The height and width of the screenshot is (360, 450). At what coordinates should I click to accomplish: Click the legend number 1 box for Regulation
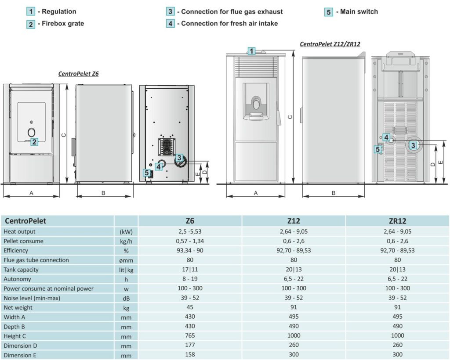31,12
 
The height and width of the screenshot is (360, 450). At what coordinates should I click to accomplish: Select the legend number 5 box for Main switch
329,12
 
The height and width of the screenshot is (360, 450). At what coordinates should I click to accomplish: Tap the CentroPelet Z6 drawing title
78,74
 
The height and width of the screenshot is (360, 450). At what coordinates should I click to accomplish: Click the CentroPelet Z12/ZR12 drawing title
330,44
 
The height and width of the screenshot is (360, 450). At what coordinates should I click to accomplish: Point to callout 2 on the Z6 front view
34,141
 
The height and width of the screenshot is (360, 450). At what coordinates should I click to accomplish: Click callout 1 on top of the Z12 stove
251,51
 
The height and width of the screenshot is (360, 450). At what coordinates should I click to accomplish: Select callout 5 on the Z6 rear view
147,173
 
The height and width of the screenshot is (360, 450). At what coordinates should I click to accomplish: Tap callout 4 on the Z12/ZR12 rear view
386,137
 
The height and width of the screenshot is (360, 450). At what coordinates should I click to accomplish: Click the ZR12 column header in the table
397,221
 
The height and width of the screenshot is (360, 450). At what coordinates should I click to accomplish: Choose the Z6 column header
190,221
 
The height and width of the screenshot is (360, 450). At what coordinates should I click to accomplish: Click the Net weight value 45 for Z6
190,307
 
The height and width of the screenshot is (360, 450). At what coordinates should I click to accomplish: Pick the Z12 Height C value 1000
294,336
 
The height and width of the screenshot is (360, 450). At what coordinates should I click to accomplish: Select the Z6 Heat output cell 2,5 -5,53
190,231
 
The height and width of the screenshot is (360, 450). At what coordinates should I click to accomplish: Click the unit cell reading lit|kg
126,270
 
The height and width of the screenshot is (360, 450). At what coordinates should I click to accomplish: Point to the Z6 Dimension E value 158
190,355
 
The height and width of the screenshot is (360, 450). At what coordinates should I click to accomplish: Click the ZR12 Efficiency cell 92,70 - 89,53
397,250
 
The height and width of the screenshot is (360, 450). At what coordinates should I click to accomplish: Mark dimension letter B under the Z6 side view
103,193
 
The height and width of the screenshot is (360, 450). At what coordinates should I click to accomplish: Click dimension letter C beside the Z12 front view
290,117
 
